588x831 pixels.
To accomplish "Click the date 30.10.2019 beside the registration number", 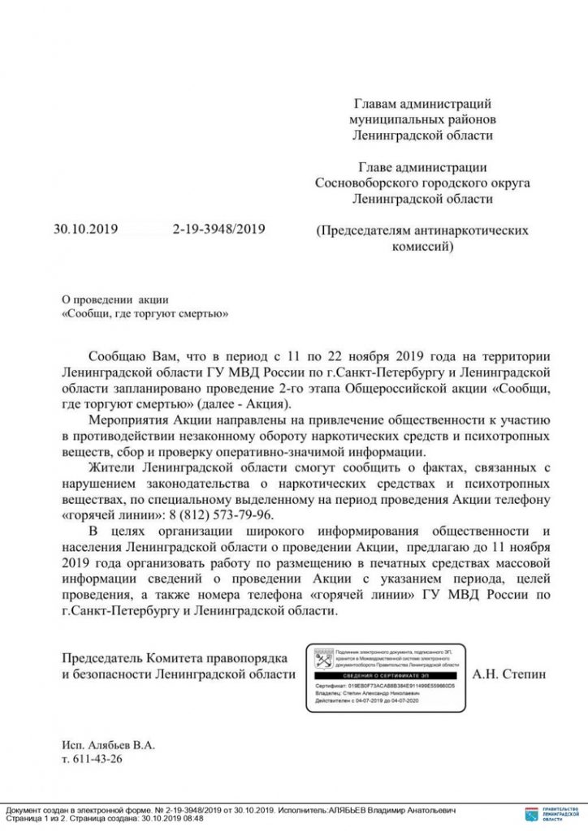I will (86, 230).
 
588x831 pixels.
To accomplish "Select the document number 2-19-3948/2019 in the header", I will (218, 230).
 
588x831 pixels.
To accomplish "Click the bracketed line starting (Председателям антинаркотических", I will (422, 230).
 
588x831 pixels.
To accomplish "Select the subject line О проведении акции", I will (115, 299).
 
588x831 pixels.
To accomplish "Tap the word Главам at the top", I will (375, 104).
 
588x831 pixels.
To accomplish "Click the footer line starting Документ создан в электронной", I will (231, 810).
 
